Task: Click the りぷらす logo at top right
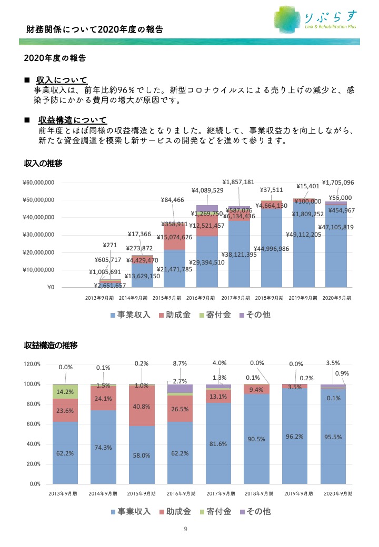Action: [316, 19]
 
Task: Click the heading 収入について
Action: [62, 80]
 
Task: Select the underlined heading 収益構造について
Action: [73, 120]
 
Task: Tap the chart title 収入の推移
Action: [43, 163]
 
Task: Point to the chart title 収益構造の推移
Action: [51, 346]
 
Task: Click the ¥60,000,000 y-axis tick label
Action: [38, 183]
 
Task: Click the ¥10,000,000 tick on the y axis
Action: [38, 270]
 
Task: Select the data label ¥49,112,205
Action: [304, 235]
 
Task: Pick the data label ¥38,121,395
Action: [239, 255]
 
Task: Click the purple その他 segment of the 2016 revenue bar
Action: [207, 208]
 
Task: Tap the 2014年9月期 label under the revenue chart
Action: [133, 298]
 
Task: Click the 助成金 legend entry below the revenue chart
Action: [175, 315]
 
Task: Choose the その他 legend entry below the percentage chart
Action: [255, 511]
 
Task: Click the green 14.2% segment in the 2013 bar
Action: [65, 392]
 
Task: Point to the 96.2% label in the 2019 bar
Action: [295, 437]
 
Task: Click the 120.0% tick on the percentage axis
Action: [32, 364]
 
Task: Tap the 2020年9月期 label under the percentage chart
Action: [338, 494]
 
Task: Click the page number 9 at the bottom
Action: [186, 529]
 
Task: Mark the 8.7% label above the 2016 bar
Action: [179, 363]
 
